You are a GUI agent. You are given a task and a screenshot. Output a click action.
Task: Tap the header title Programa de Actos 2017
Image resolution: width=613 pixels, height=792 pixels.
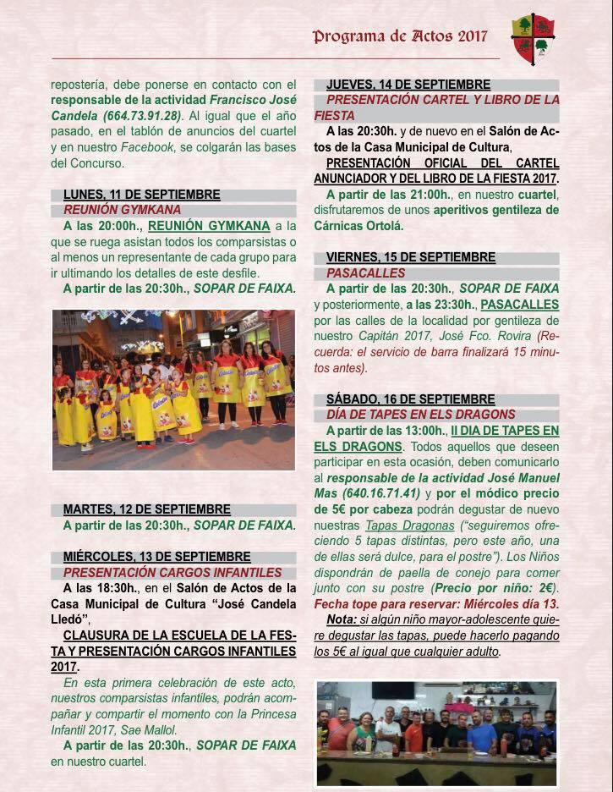[x=400, y=36]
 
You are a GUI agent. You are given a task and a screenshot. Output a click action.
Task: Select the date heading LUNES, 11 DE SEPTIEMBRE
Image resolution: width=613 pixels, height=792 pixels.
[x=141, y=195]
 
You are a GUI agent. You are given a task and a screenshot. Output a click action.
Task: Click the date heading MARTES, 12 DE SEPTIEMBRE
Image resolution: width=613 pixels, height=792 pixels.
[x=146, y=509]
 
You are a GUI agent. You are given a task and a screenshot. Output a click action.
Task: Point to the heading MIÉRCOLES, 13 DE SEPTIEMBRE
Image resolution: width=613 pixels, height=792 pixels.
[x=156, y=557]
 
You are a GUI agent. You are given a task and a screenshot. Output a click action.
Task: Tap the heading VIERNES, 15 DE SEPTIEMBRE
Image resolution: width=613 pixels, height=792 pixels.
[x=411, y=257]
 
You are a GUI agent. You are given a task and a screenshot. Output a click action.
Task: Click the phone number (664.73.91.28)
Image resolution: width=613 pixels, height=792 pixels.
[x=140, y=115]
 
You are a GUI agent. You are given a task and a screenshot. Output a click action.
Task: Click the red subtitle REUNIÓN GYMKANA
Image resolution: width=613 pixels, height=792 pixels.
[x=122, y=210]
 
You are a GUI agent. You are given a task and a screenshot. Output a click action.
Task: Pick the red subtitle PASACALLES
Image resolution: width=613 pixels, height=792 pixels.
[x=365, y=272]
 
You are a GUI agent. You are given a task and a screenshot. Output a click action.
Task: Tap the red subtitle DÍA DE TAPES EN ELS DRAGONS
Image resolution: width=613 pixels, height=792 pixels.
[x=420, y=414]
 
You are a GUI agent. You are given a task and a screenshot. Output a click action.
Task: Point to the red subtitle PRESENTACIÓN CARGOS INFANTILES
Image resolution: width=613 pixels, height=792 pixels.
[x=172, y=572]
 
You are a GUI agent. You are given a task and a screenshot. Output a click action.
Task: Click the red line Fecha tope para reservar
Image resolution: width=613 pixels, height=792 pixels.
[x=436, y=604]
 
